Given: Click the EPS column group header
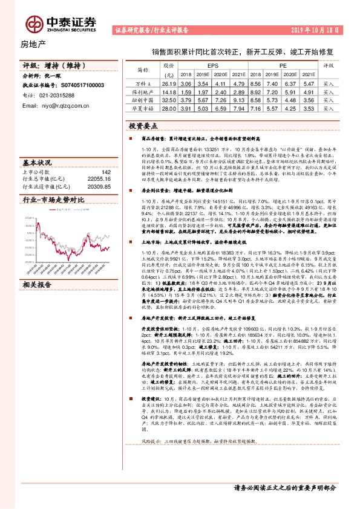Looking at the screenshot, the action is [213, 64].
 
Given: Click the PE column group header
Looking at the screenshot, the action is [283, 64].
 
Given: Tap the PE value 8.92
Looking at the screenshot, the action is [256, 91].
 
